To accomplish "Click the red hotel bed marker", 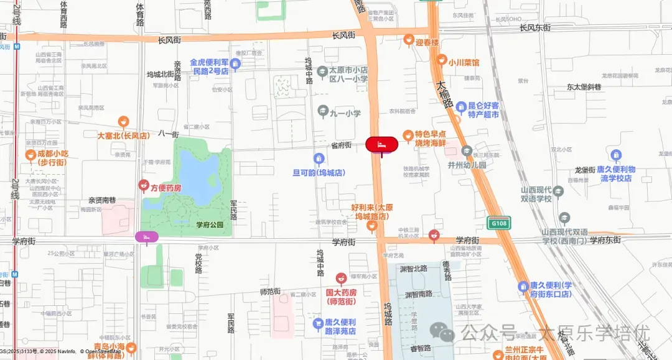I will click(381, 144).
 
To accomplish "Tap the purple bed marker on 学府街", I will click(147, 237).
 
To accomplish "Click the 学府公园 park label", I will click(210, 224).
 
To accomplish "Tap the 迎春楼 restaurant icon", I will click(409, 40).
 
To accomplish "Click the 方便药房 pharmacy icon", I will click(144, 185).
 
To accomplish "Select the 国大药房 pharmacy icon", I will click(341, 278).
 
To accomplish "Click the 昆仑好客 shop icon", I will click(461, 107).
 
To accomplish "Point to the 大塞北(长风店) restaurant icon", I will click(123, 121).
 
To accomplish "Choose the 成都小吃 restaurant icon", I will click(30, 154).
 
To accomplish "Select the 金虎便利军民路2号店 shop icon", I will click(235, 63).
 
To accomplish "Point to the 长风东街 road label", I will click(535, 27).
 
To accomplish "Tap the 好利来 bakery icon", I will click(372, 225).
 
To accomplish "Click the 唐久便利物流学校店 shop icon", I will click(616, 155).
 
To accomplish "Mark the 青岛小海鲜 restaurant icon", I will click(131, 347).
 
